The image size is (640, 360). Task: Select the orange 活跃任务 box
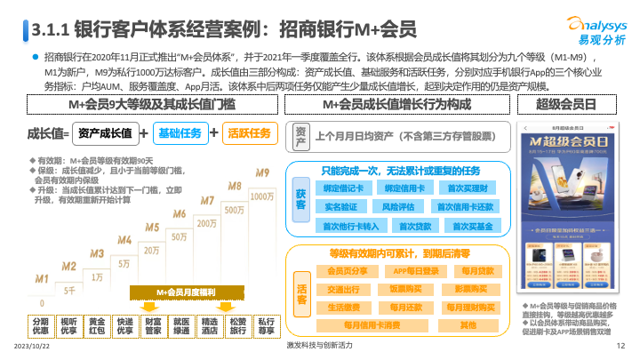pos(248,133)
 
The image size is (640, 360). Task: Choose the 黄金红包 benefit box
pos(97,325)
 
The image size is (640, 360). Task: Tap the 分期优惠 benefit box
pos(41,325)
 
